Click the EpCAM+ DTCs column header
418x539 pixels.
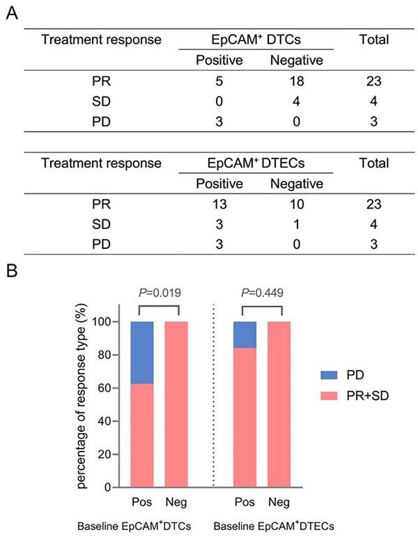point(255,40)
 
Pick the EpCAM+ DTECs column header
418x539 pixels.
point(255,164)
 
